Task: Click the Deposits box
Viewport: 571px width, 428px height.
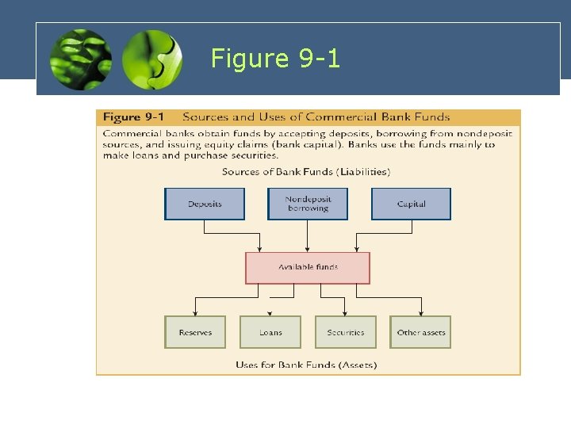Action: point(205,204)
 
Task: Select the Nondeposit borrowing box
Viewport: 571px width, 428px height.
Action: point(308,204)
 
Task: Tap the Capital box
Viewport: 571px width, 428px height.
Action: point(411,204)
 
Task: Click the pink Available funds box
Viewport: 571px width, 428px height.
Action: point(308,268)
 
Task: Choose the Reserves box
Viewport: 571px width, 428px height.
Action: point(195,332)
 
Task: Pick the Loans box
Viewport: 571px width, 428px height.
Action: point(270,332)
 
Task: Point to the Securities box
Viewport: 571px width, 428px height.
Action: point(345,332)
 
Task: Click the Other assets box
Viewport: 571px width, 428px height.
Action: point(420,332)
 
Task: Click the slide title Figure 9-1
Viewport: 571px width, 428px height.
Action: point(275,58)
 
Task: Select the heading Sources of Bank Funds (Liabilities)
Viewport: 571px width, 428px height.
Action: point(306,171)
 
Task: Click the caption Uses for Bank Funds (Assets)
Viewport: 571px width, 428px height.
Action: point(306,365)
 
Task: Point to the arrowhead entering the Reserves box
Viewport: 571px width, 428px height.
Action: point(195,313)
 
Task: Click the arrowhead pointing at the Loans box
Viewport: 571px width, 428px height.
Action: point(270,313)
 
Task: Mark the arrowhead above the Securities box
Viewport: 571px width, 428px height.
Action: point(345,313)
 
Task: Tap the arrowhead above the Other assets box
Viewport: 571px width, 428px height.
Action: point(420,313)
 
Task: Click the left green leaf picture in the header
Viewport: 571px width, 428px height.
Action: point(80,59)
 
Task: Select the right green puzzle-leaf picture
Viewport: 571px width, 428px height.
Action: point(152,59)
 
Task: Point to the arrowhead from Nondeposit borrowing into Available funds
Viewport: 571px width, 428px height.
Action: point(308,249)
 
